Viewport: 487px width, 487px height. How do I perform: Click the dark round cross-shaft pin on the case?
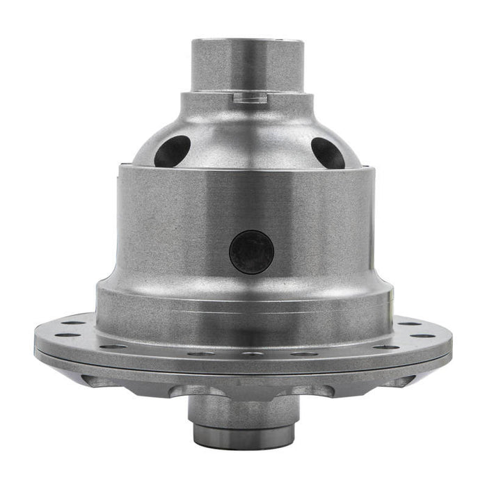pyautogui.click(x=251, y=251)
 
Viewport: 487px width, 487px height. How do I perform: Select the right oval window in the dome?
pyautogui.click(x=328, y=152)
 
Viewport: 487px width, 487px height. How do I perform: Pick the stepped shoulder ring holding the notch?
pyautogui.click(x=243, y=104)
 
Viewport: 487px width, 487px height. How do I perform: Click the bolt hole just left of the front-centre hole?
pyautogui.click(x=202, y=353)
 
